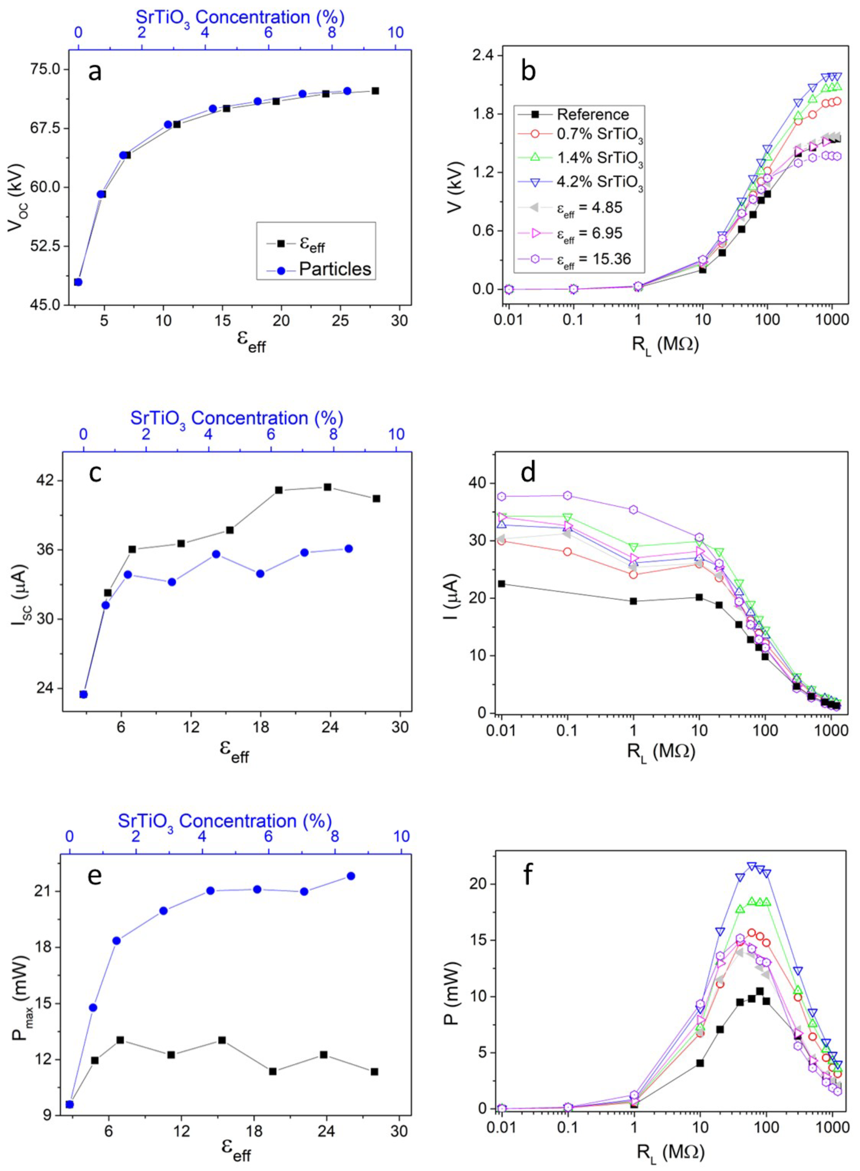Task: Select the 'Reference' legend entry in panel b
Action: coord(592,114)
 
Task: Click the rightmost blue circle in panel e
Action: coord(351,876)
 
